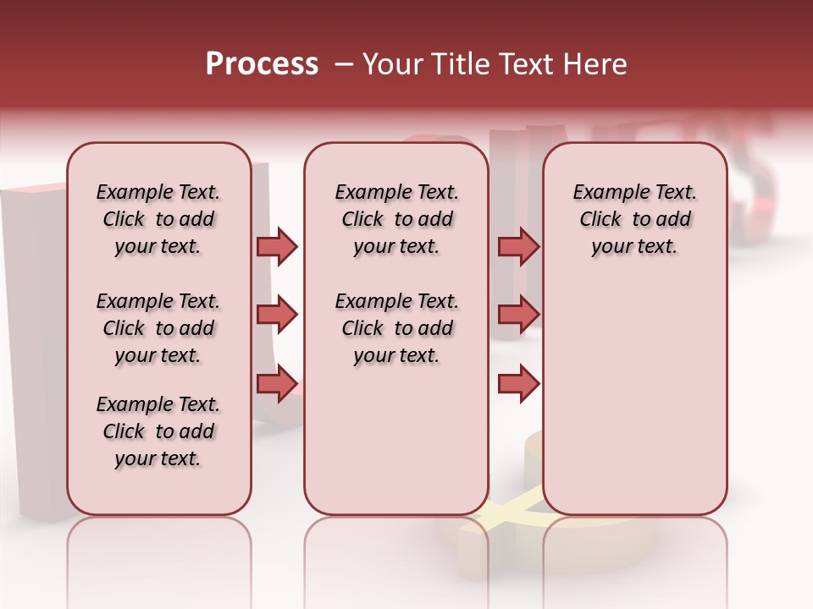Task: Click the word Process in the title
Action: (x=262, y=64)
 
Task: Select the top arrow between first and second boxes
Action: (x=277, y=247)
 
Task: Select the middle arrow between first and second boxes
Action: (x=277, y=315)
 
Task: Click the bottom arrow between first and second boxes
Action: (x=277, y=384)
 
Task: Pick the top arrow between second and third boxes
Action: (x=518, y=247)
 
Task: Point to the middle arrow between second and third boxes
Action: (x=518, y=315)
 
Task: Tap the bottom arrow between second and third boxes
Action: (x=518, y=384)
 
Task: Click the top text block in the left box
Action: (x=158, y=219)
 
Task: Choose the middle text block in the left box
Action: (x=158, y=328)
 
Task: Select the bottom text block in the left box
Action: (x=158, y=431)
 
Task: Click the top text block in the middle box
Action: (x=396, y=219)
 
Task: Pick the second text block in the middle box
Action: (x=396, y=328)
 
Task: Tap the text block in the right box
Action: (x=634, y=219)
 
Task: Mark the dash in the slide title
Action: (x=343, y=64)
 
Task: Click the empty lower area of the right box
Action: (x=634, y=398)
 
